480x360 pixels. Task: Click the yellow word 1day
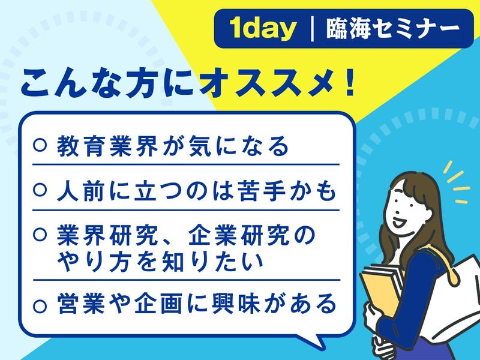pyautogui.click(x=262, y=29)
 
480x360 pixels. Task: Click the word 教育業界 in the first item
pyautogui.click(x=102, y=146)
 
